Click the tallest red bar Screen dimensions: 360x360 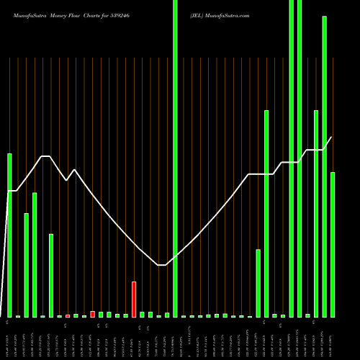[134, 299]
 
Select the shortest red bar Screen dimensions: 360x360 [68, 315]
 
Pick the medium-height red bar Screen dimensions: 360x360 [92, 314]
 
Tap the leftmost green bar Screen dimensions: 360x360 [9, 235]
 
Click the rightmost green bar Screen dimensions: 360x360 [333, 244]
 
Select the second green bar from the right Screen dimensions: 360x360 [324, 166]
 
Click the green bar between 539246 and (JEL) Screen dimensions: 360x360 [175, 158]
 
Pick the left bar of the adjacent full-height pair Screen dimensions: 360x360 [291, 158]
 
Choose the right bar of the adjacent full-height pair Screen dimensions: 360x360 [300, 158]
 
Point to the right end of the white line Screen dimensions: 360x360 [331, 137]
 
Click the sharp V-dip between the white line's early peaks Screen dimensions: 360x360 [66, 180]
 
